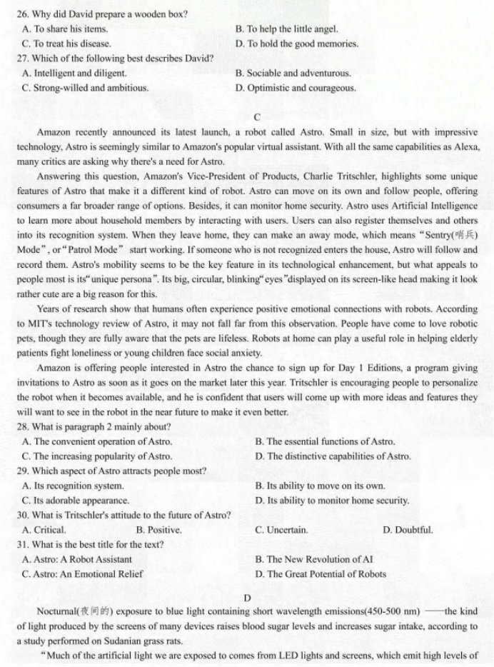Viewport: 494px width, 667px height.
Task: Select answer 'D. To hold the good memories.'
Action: [x=296, y=44]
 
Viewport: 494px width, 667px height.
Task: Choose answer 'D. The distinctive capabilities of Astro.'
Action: [x=333, y=456]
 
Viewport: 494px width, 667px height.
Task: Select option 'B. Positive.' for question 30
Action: [x=158, y=530]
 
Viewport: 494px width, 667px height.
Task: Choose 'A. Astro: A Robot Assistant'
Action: [x=77, y=559]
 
